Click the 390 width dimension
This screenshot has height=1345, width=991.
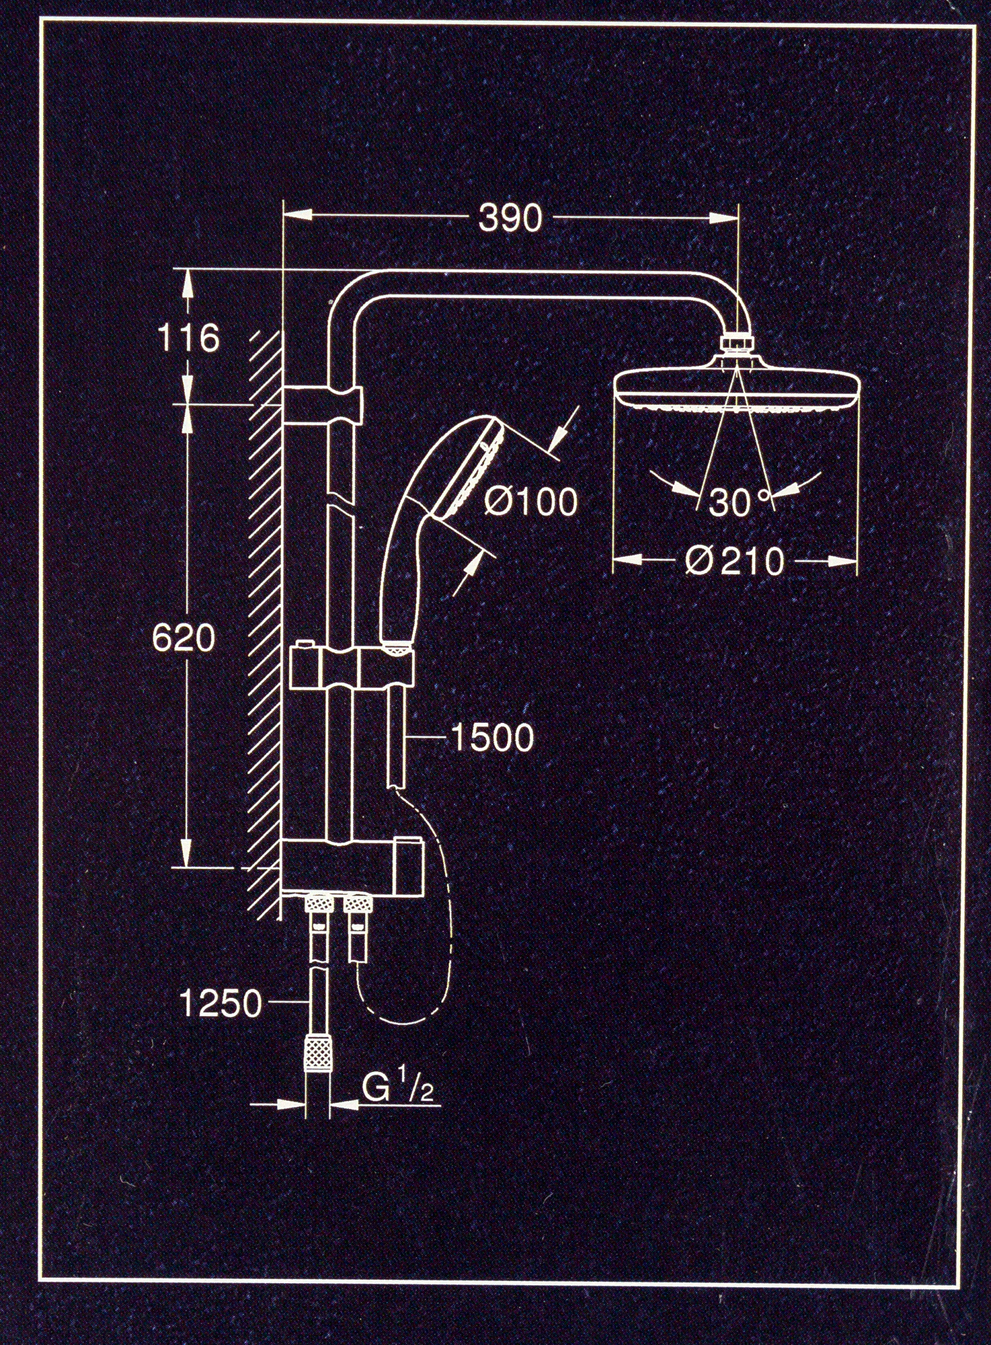[510, 218]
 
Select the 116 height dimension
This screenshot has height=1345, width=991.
[188, 338]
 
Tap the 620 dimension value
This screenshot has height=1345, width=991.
[184, 637]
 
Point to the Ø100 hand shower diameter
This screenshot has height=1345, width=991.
[530, 501]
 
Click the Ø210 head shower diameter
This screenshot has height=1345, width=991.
[735, 561]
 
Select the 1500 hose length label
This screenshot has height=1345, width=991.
[492, 737]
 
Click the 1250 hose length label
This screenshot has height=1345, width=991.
[221, 1004]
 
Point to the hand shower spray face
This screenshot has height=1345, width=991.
[467, 469]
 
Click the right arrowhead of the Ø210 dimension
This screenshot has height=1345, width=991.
[843, 561]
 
